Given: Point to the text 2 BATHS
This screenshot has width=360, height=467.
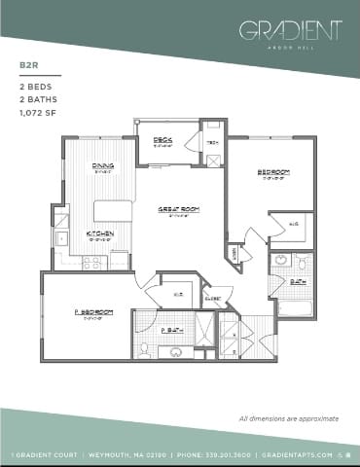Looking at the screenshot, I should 38,100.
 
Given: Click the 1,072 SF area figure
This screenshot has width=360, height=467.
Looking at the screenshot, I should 40,113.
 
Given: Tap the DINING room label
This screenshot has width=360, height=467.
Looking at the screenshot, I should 104,166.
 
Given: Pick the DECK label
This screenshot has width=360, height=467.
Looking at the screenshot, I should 163,140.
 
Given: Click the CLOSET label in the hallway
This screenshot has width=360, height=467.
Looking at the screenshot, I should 213,299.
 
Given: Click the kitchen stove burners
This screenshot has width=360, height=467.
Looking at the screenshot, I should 95,261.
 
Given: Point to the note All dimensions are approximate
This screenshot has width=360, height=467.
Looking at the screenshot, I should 289,418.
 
